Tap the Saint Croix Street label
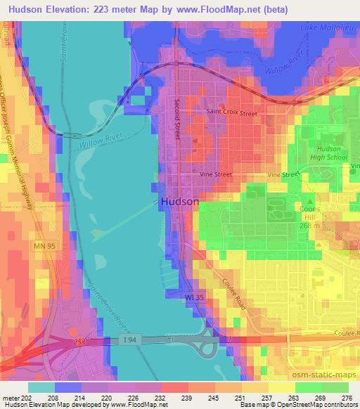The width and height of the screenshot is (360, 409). pyautogui.click(x=231, y=112)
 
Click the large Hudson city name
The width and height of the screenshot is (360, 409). pyautogui.click(x=180, y=201)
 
